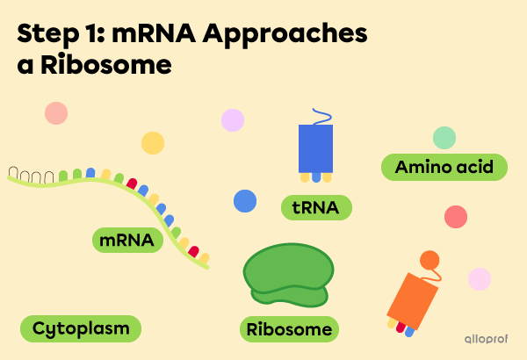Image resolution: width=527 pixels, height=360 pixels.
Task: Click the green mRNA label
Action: [x=127, y=240]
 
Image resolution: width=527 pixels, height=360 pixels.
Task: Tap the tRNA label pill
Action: [x=316, y=208]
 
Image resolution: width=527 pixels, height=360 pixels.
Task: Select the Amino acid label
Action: [x=444, y=167]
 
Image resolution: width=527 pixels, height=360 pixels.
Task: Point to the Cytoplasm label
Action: [x=80, y=329]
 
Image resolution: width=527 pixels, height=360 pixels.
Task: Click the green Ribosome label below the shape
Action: [x=290, y=329]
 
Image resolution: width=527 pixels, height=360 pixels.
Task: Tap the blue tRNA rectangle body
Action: [x=315, y=148]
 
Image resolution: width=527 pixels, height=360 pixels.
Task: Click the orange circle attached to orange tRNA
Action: [x=429, y=260]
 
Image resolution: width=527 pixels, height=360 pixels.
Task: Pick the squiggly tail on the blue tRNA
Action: [x=318, y=117]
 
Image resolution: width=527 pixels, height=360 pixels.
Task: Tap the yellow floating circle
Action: [x=153, y=143]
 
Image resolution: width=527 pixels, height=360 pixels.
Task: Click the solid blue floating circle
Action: [x=245, y=201]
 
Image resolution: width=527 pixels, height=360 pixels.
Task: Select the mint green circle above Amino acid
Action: [x=444, y=138]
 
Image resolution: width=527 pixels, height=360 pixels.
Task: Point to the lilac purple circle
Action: [x=233, y=120]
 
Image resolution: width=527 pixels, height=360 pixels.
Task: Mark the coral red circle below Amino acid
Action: [x=456, y=217]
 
